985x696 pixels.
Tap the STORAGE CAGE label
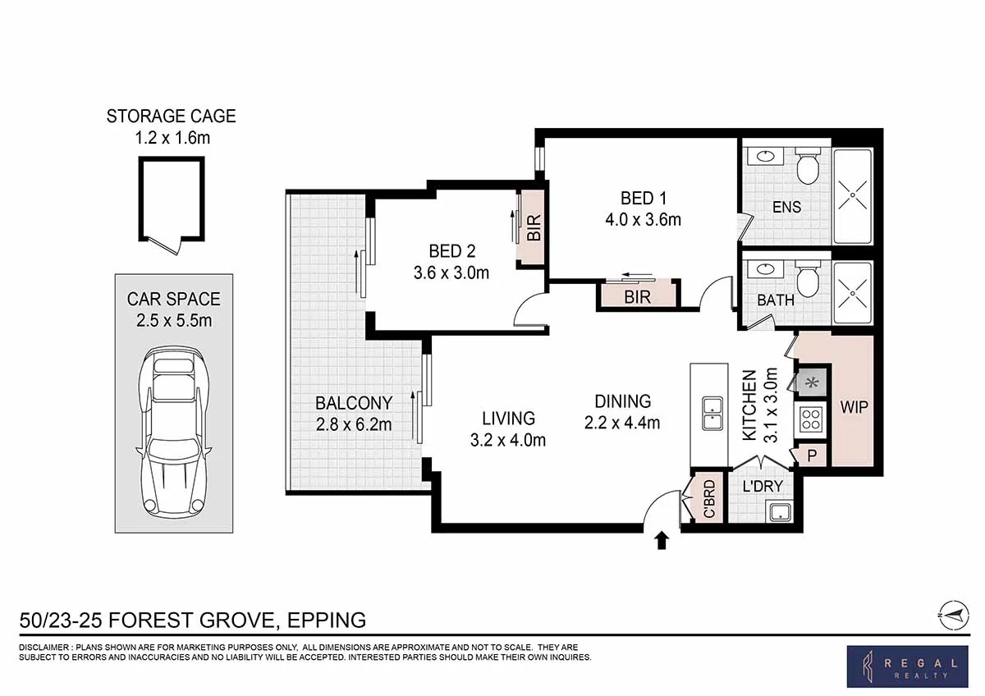(171, 116)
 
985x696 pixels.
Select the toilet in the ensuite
(809, 166)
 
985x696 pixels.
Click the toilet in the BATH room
(809, 278)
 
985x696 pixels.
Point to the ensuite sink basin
(766, 156)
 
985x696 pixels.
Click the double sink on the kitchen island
(712, 414)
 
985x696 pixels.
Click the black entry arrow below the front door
(662, 540)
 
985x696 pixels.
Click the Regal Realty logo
(907, 666)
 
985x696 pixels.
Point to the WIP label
(854, 407)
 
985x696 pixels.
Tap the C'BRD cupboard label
(709, 500)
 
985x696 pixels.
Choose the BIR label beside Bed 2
(534, 227)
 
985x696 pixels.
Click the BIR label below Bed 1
(637, 297)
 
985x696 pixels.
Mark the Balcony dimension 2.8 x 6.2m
(354, 424)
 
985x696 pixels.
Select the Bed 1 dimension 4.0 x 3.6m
(643, 219)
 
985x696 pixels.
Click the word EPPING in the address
(327, 620)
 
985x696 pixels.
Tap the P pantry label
(812, 456)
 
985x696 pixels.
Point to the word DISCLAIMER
(44, 648)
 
